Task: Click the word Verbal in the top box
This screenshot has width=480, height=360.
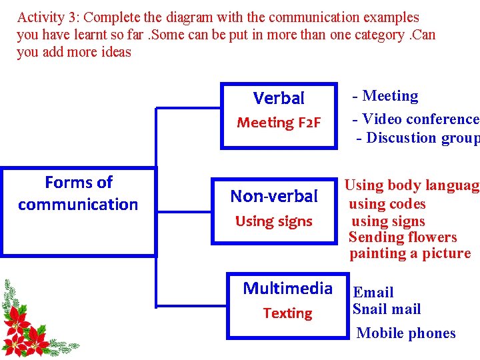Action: (x=279, y=99)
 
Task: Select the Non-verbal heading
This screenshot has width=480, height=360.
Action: (x=274, y=196)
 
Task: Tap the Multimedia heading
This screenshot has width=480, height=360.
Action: (x=287, y=288)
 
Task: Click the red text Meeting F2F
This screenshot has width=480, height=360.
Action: (x=279, y=123)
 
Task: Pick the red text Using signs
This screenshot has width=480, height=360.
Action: (x=274, y=221)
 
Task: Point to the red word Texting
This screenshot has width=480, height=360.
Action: (x=287, y=313)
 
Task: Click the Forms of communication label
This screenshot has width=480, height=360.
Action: (x=78, y=193)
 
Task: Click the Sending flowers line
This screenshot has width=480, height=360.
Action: (x=403, y=237)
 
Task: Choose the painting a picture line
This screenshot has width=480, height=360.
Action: (x=410, y=253)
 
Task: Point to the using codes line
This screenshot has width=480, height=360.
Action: (x=387, y=204)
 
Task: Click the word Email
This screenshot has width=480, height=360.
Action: (x=373, y=292)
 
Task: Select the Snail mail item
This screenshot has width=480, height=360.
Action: (x=387, y=309)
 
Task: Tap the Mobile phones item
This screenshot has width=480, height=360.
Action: (x=406, y=333)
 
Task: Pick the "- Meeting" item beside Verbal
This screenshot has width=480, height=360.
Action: (x=386, y=97)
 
